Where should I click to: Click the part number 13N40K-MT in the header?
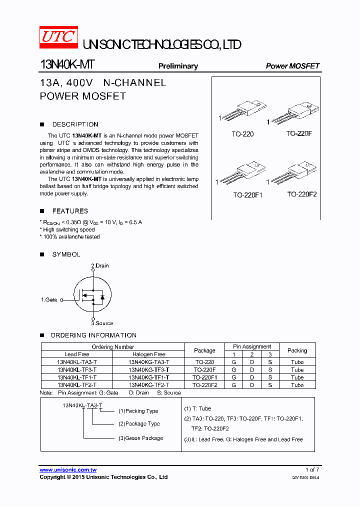point(67,65)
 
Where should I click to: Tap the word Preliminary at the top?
point(178,66)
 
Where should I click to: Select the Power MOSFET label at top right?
point(292,66)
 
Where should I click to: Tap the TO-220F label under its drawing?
point(299,134)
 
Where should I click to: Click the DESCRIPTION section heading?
point(75,124)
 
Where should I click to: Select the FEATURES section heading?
point(70,211)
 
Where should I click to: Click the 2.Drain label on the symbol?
point(100,265)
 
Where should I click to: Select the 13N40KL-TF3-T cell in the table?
point(77,370)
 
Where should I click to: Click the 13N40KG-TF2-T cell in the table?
point(148,385)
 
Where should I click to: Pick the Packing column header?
point(297,350)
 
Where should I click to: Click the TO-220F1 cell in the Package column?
point(204,377)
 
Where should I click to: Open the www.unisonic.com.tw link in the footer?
point(68,470)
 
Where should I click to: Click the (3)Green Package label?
point(140,438)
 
